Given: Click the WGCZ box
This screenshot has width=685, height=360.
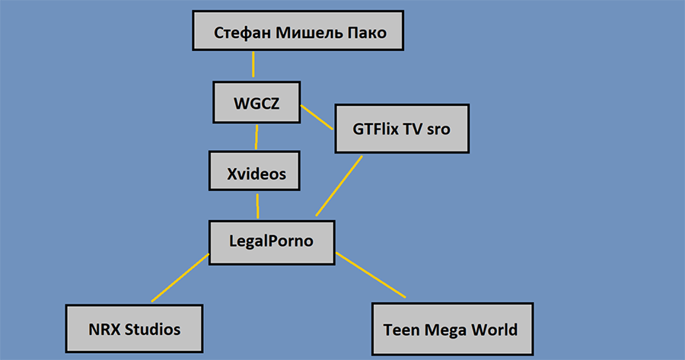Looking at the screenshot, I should (x=256, y=104).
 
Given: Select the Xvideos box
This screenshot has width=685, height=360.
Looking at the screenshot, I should (x=256, y=173).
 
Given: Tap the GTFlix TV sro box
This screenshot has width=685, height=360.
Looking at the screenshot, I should (x=401, y=129).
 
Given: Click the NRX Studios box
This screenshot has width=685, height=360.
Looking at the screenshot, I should (x=134, y=330).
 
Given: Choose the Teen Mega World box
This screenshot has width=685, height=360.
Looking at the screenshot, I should (x=451, y=330).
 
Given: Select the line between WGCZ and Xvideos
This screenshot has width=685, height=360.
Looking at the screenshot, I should (x=256, y=137).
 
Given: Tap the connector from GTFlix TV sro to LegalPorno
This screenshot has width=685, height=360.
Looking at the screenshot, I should (x=339, y=185).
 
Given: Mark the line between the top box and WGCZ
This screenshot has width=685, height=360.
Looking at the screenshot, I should (x=253, y=65).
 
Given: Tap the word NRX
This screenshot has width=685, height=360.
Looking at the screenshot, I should (x=101, y=330).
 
